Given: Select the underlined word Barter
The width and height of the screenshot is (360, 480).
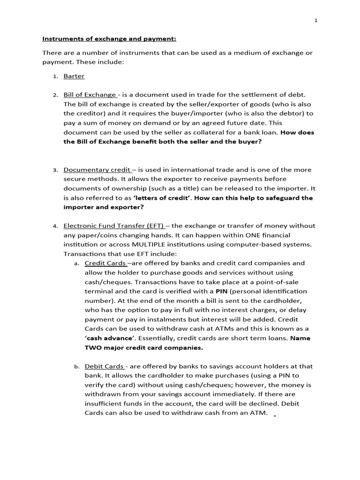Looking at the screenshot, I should coord(74,76).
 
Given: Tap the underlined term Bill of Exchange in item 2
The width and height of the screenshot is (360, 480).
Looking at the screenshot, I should coord(90,95).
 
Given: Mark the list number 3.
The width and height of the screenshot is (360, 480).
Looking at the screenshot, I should coord(55,170).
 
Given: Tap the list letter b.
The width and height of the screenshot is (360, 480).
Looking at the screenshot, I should coord(76,367).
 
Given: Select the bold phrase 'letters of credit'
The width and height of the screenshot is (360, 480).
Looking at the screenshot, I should coord(162,198).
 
